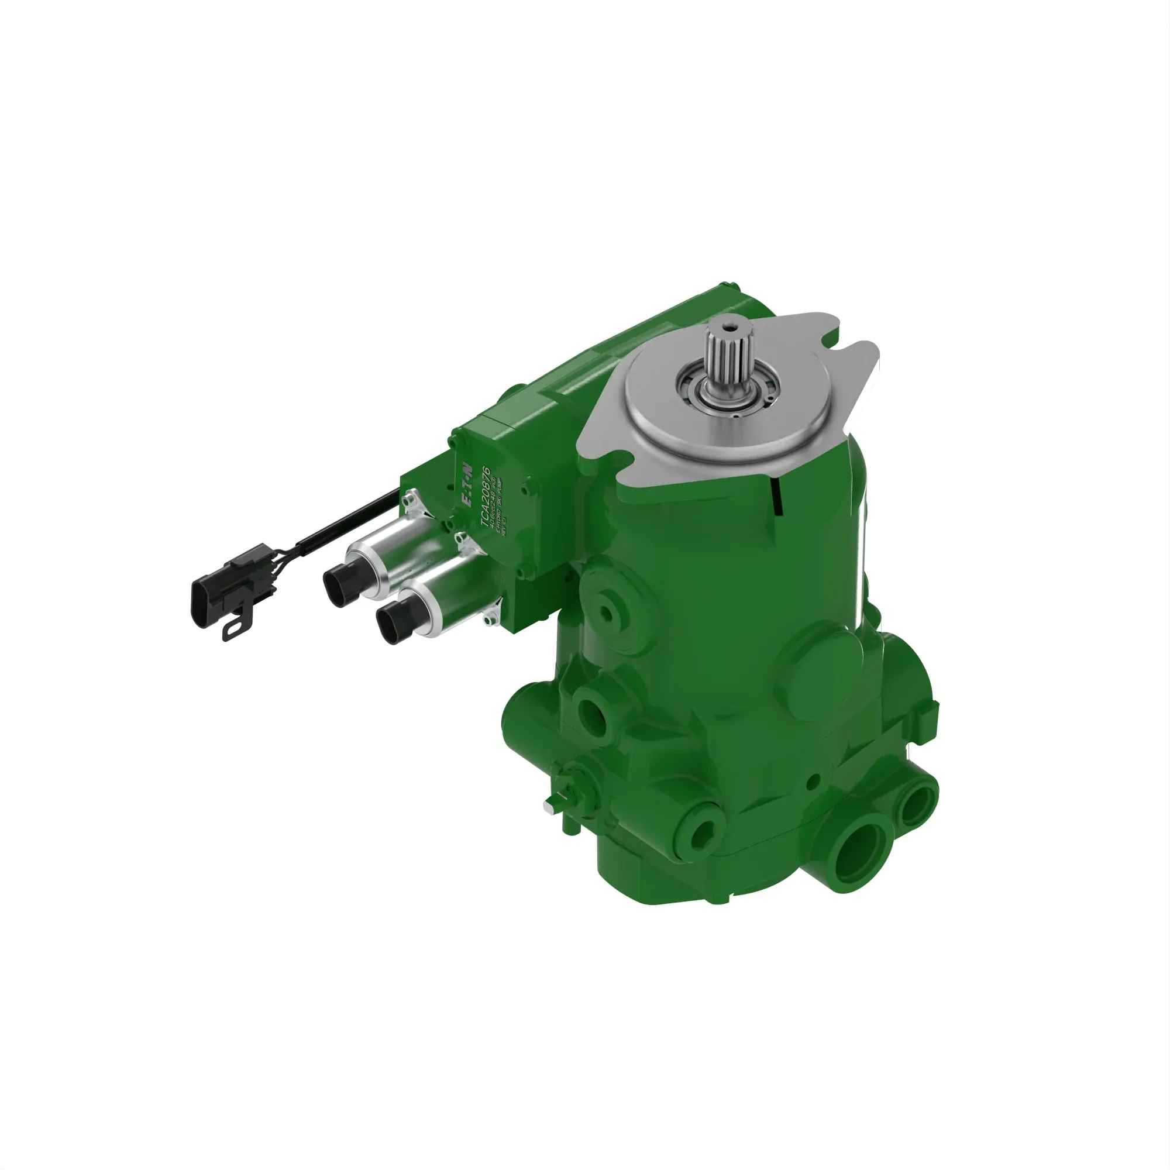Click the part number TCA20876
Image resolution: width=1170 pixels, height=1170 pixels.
pos(485,496)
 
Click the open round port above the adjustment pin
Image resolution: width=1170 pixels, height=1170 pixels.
pos(590,712)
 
